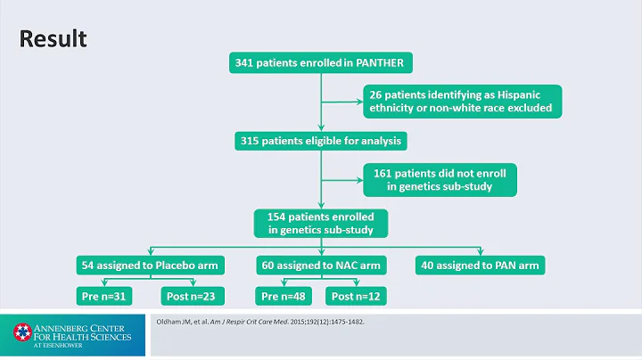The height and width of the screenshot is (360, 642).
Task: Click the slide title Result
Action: (x=53, y=39)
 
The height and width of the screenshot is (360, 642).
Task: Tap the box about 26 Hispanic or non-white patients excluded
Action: (x=462, y=101)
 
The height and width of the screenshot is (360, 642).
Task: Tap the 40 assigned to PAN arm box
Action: (x=479, y=266)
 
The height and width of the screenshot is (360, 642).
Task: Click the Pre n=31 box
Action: (x=104, y=296)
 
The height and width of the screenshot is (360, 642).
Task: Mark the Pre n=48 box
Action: (x=286, y=296)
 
